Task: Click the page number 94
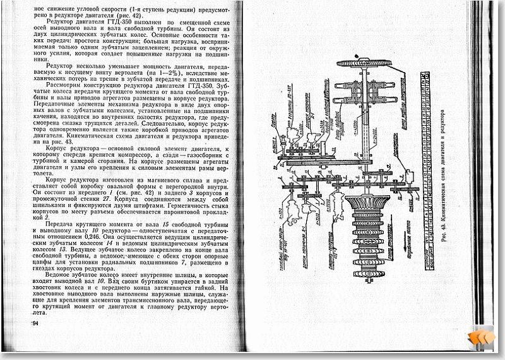click(34, 324)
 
